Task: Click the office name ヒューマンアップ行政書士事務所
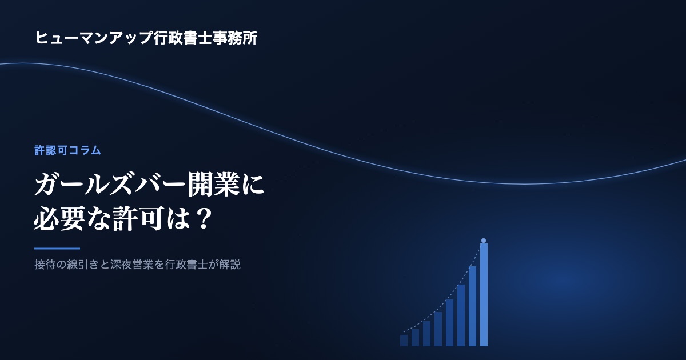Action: point(146,38)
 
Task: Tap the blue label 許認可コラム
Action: point(67,150)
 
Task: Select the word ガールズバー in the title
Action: point(110,185)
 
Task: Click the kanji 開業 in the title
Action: point(213,185)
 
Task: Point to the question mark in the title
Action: point(204,219)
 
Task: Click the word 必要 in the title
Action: point(59,219)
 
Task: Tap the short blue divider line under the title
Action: point(57,249)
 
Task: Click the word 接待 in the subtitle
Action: point(45,265)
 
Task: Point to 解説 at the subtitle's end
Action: point(230,265)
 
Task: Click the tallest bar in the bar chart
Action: point(484,295)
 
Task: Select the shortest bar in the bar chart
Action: point(404,341)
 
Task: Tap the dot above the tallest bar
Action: point(484,241)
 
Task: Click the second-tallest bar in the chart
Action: point(473,306)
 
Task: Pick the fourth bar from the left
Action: point(438,329)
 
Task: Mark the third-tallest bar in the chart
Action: point(461,315)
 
